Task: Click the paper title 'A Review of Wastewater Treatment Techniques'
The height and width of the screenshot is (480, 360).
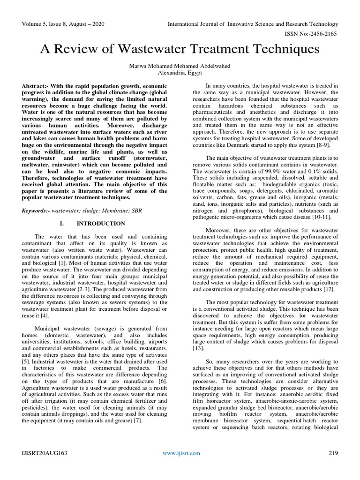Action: pos(180,49)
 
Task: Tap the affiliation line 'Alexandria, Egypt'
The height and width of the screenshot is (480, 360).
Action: pos(180,74)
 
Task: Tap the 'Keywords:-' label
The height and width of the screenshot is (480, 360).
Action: pos(37,212)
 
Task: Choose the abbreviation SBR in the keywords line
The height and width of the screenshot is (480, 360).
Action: pos(140,212)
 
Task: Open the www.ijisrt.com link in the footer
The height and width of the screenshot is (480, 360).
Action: pos(181,453)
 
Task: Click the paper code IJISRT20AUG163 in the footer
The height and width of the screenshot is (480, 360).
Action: pos(44,453)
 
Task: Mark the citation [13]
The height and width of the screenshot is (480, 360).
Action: pos(198,348)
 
